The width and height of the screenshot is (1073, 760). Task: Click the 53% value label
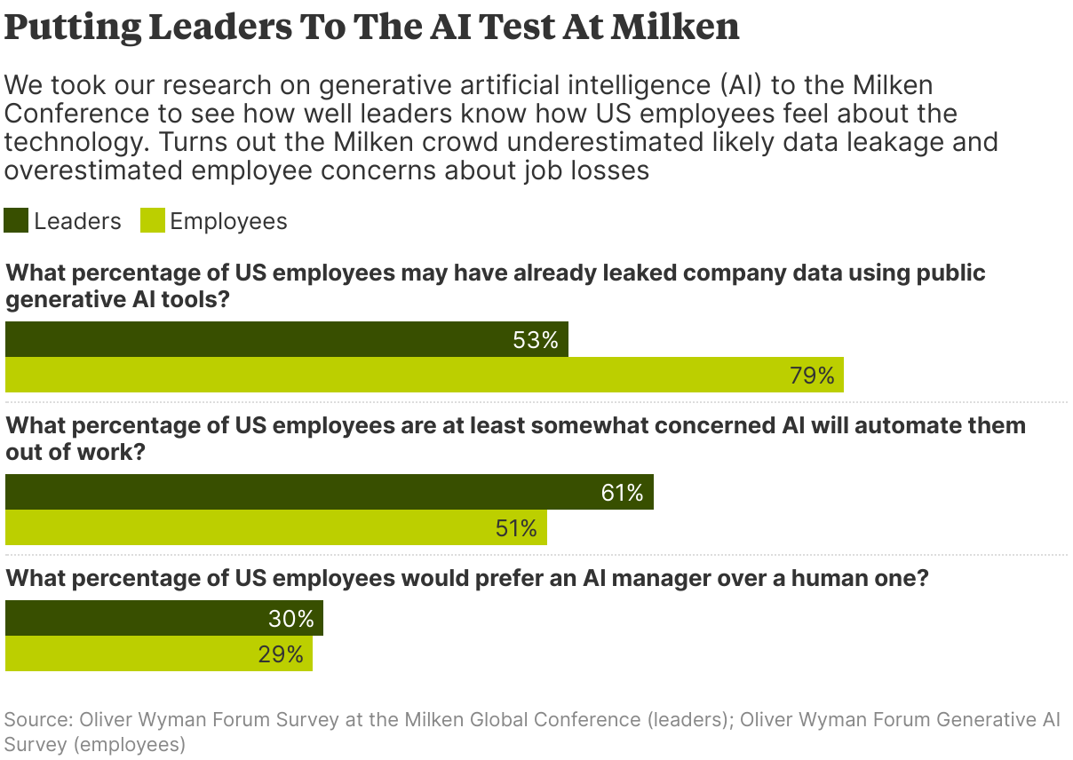(x=535, y=340)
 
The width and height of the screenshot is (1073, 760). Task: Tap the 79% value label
(x=812, y=376)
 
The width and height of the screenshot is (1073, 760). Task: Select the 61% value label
(x=622, y=493)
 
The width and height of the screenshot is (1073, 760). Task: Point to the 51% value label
(x=516, y=528)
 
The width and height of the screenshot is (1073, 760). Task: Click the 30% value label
(x=291, y=619)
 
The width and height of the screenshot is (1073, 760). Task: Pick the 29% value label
(x=282, y=654)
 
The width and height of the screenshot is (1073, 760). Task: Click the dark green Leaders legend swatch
(x=17, y=221)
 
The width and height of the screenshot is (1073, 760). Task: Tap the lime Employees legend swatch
(x=153, y=221)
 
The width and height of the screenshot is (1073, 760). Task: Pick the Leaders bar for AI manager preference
(x=133, y=618)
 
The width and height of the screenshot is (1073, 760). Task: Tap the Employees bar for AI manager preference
(x=133, y=653)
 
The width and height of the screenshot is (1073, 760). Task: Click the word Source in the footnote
(x=38, y=719)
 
